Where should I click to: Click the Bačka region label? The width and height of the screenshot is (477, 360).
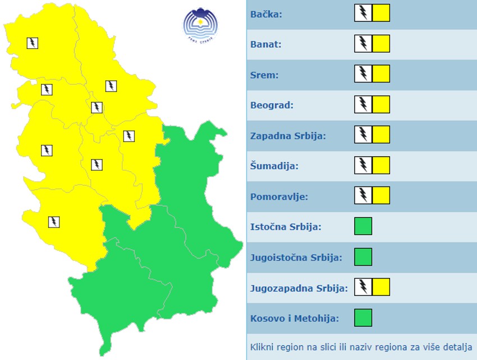(x=266, y=14)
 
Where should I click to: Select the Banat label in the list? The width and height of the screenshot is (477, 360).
(x=266, y=44)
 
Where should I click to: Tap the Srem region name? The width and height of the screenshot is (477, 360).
(x=264, y=75)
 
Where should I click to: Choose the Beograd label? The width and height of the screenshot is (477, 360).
(x=272, y=105)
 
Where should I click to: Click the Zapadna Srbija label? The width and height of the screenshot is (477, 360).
(x=288, y=136)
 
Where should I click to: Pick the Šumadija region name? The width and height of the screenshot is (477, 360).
(x=274, y=166)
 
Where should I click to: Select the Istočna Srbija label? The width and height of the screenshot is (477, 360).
(x=285, y=227)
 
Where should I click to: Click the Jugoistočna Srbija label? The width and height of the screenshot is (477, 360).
(x=296, y=258)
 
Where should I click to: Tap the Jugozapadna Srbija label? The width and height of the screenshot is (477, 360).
(x=299, y=289)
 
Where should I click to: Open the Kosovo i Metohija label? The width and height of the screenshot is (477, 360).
(x=295, y=319)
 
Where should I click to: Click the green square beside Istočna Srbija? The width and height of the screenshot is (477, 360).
(x=363, y=226)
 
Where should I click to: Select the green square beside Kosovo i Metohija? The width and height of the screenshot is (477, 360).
(x=363, y=318)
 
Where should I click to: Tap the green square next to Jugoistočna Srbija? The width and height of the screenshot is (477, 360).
(x=363, y=257)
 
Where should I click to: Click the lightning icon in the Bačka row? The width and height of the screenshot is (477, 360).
(x=363, y=13)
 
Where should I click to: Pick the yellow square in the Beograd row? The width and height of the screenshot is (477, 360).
(x=381, y=104)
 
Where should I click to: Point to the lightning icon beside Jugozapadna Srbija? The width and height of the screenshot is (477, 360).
(x=363, y=287)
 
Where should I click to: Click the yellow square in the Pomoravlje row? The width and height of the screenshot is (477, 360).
(x=381, y=195)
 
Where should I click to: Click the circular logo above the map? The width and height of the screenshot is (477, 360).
(x=200, y=24)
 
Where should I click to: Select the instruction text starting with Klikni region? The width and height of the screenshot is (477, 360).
(x=361, y=347)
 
